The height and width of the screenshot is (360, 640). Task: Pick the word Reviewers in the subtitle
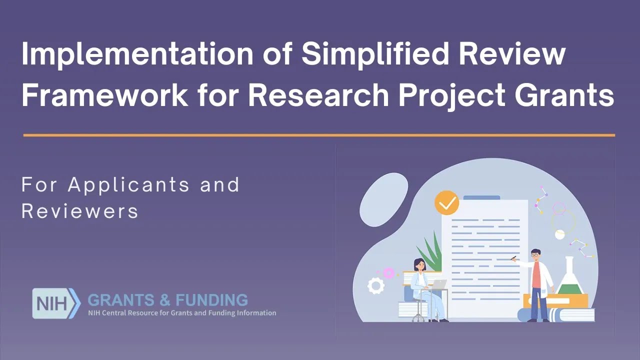[x=80, y=211]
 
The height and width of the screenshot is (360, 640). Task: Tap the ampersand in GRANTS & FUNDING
[x=165, y=300]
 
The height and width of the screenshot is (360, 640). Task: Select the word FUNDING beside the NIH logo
[x=212, y=300]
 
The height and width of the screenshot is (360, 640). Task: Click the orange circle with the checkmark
[x=446, y=202]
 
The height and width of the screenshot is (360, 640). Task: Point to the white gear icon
[x=376, y=285]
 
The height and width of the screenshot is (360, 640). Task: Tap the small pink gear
[x=388, y=273]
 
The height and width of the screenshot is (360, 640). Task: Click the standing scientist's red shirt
[x=536, y=275]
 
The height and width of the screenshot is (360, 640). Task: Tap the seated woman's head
[x=419, y=264]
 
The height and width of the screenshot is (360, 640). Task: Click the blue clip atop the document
[x=481, y=197]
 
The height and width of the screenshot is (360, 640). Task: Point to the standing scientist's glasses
[x=535, y=255]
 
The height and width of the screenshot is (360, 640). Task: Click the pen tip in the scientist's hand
[x=512, y=258]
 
